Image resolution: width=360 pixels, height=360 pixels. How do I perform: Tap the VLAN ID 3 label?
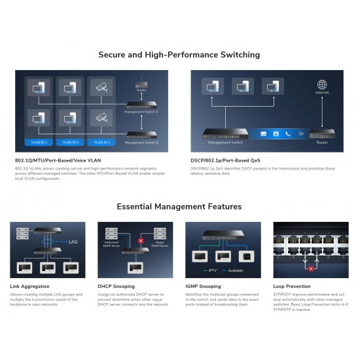pyautogui.click(x=102, y=141)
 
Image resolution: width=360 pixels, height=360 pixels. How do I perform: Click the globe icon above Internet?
pyautogui.click(x=321, y=84)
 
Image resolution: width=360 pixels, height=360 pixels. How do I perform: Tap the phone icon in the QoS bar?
pyautogui.click(x=287, y=134)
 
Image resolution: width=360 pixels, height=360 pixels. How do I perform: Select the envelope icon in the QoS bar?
pyautogui.click(x=263, y=134)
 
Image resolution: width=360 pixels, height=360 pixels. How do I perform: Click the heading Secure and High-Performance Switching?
pyautogui.click(x=179, y=54)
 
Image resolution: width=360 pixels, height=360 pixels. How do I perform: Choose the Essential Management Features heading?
pyautogui.click(x=179, y=206)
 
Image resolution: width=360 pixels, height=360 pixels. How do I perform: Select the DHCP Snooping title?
pyautogui.click(x=117, y=286)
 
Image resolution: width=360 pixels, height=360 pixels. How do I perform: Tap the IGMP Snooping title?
pyautogui.click(x=204, y=286)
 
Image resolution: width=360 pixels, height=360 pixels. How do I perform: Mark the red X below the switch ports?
pyautogui.click(x=311, y=268)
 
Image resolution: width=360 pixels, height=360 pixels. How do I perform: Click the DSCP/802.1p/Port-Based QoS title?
pyautogui.click(x=226, y=160)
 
